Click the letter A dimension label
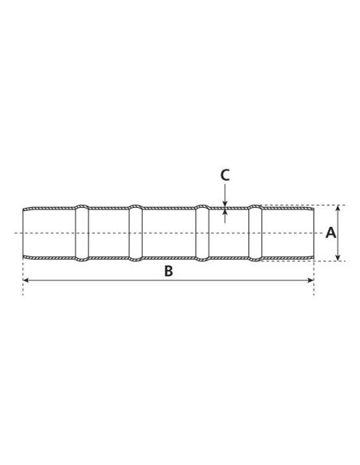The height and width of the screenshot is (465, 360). [x=331, y=232]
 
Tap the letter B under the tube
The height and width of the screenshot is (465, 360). [x=168, y=271]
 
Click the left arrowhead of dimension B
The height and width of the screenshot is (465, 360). [x=25, y=281]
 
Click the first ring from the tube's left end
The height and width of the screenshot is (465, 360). [x=82, y=232]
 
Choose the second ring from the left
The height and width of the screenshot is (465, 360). [x=135, y=232]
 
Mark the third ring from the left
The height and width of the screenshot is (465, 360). [x=202, y=232]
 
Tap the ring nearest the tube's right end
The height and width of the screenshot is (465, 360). [x=255, y=232]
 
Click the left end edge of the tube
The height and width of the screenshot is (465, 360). [x=23, y=232]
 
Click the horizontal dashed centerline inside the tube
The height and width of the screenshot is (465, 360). [x=168, y=233]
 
